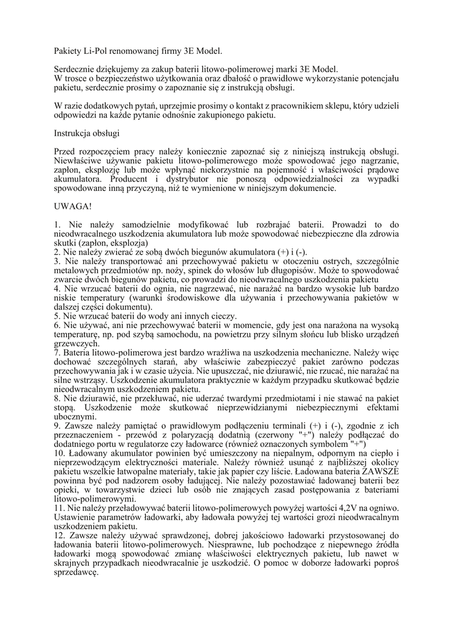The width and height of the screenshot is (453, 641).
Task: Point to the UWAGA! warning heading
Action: (73, 205)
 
